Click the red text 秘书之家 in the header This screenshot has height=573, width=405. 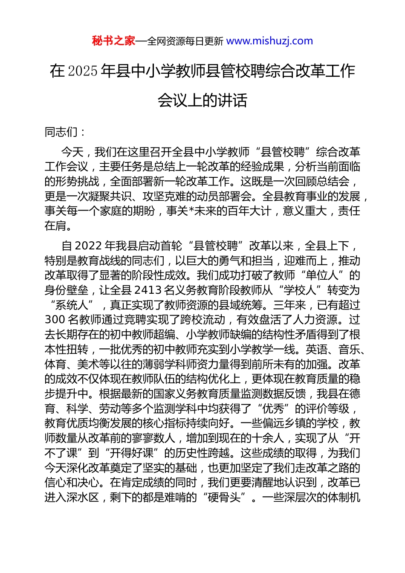pos(113,41)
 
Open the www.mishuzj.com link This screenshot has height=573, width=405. pos(269,41)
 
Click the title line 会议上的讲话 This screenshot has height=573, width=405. pos(202,100)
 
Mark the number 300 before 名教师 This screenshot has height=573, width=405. pos(55,320)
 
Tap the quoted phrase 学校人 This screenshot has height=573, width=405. pos(300,290)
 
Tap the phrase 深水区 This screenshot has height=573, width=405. pos(78,498)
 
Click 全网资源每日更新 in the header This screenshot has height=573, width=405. pos(185,41)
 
